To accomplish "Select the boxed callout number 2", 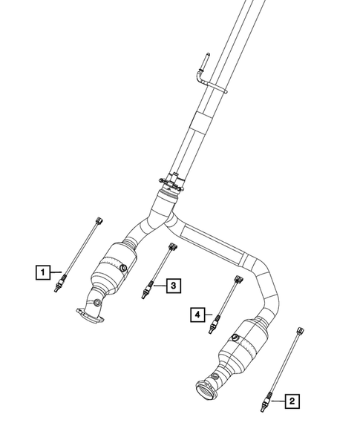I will click(292, 401).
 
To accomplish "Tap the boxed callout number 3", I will click(171, 284).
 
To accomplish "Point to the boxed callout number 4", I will click(197, 315).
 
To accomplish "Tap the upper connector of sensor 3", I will click(172, 247).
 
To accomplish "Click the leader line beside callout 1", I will click(56, 273).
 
